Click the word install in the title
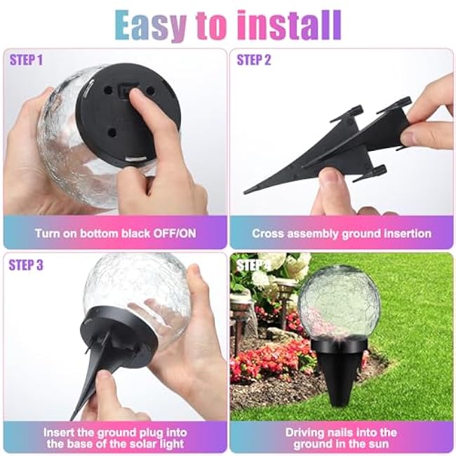(288, 25)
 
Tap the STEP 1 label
(26, 60)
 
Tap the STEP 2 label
(253, 60)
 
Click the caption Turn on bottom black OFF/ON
(116, 233)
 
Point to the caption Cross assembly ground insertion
(342, 233)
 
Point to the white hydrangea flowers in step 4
(281, 270)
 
